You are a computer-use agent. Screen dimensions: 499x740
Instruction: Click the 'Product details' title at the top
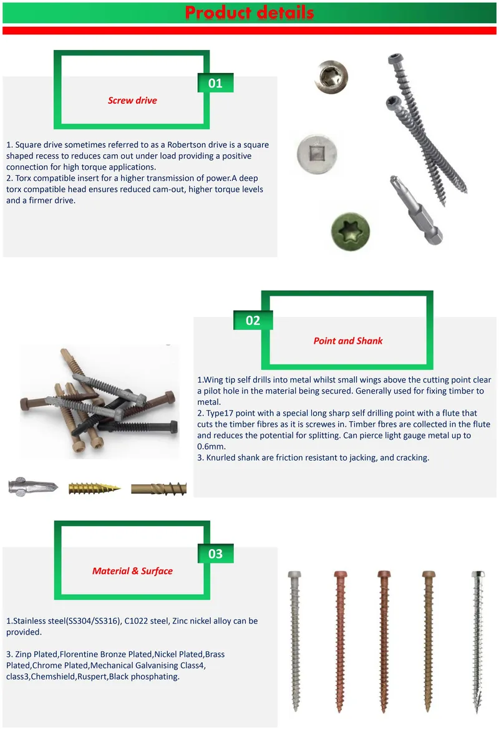pos(249,12)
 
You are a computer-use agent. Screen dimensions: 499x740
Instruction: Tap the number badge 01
pos(216,83)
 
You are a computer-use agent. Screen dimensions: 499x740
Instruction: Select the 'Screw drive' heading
pos(132,100)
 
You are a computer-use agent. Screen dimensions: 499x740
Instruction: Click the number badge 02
pos(253,321)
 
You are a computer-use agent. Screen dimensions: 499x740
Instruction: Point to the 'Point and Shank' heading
pos(348,341)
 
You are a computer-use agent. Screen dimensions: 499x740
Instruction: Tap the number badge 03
pos(216,553)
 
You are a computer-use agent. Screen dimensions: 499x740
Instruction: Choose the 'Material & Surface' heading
pos(132,571)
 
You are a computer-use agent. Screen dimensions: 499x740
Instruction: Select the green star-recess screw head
pos(351,231)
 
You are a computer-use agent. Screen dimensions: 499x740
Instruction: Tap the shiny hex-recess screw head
pos(332,77)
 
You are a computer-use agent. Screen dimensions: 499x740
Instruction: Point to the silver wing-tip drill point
pos(33,487)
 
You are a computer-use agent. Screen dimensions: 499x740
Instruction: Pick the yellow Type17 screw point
pos(94,489)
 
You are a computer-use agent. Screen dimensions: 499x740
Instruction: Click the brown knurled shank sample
pos(159,489)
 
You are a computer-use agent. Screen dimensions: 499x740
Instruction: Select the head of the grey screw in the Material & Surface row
pos(294,575)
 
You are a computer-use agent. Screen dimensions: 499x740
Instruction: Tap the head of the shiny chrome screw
pos(478,575)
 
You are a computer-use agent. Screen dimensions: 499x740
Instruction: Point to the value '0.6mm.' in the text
pos(211,447)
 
